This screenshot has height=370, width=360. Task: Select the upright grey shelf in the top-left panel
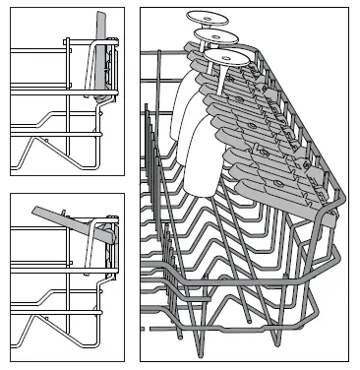pos(101,59)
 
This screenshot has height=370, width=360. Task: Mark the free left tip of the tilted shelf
pos(34,209)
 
